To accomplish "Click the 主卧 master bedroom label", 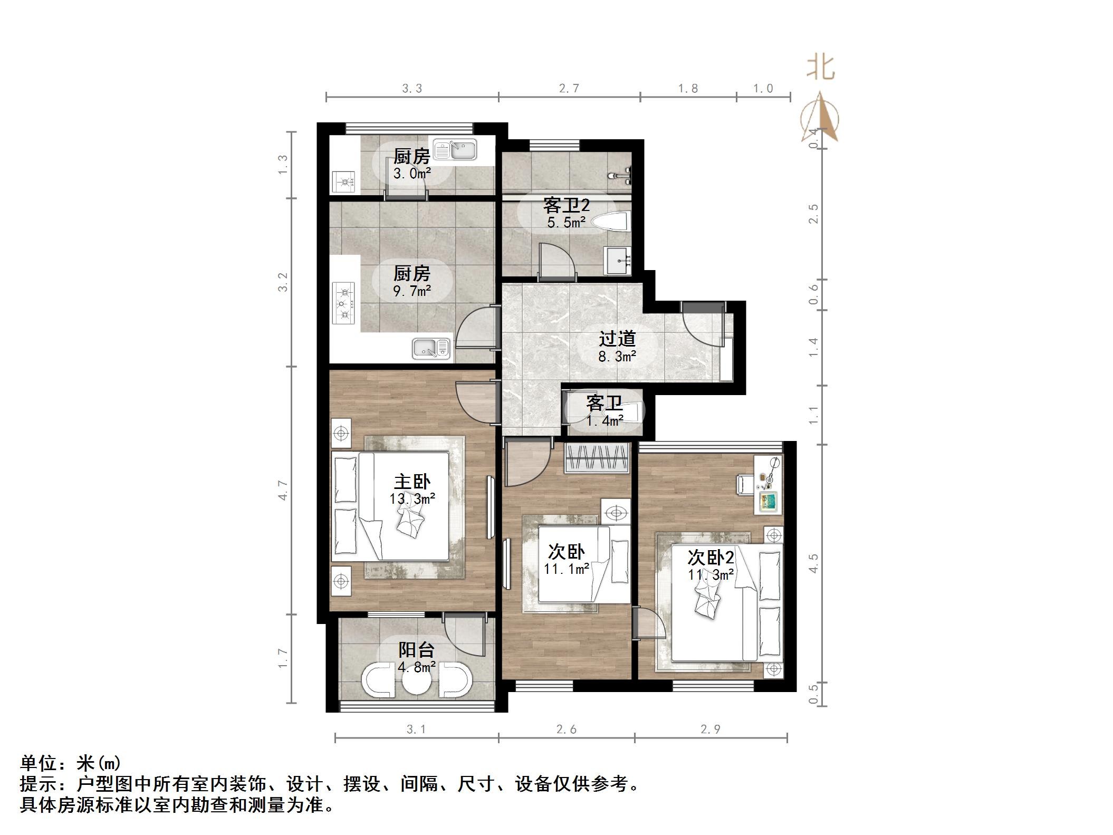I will coord(412,482).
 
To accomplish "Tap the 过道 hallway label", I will coord(617,339).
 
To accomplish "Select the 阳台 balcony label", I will coord(416,650).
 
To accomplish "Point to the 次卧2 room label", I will coord(711,558).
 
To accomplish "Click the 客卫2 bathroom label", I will coord(566,205).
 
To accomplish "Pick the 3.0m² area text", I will coord(411,173).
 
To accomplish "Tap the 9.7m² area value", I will coord(411,291).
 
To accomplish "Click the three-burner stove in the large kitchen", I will coord(344,304).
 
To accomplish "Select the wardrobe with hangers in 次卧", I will coord(597,457).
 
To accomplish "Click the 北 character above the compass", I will coord(820,68).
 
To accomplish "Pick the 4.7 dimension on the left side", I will coord(283,490).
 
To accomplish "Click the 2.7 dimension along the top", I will coord(569,88).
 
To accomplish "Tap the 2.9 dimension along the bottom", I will coord(710,729).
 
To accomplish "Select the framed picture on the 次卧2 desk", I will coord(768,501).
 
